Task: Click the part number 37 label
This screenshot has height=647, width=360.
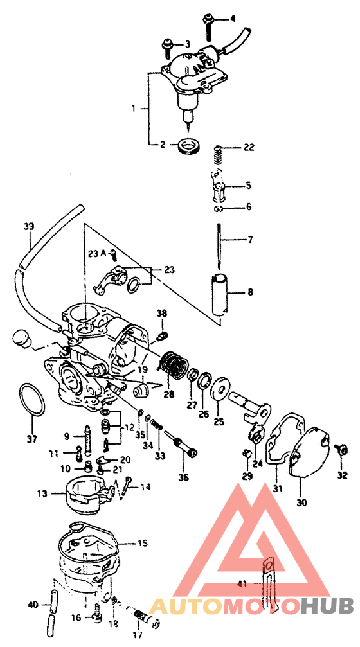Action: [x=27, y=439]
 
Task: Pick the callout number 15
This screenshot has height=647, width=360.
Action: [x=142, y=543]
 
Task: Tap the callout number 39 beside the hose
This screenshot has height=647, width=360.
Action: [x=28, y=226]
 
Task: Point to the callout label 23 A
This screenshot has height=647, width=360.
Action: [x=97, y=253]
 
